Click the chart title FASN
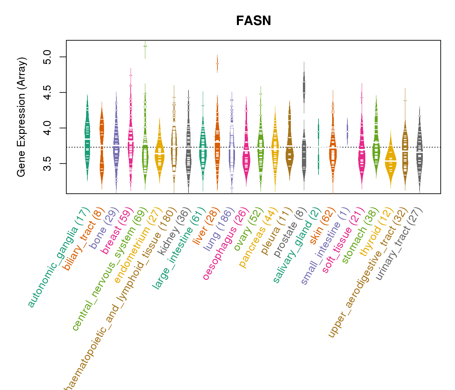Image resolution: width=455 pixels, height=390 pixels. tap(253, 21)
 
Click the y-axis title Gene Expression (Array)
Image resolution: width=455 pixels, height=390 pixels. tap(21, 117)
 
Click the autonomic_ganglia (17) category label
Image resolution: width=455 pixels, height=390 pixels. tap(58, 257)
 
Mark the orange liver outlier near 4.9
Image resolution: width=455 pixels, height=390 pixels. tap(217, 64)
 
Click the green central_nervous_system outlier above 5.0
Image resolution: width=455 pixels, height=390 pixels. tap(145, 46)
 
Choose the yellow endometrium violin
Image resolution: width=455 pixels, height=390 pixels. tap(159, 153)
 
